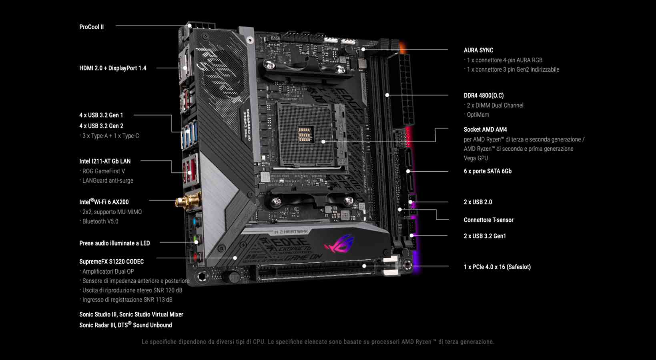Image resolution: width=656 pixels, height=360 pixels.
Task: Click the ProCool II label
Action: tap(91, 27)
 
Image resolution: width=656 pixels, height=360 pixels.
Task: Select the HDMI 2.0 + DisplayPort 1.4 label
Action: tap(112, 68)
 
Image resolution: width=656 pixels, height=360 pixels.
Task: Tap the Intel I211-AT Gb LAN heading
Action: tap(105, 161)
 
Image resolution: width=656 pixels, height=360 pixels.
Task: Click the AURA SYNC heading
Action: tap(478, 50)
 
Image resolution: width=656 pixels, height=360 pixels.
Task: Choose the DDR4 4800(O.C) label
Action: tap(483, 95)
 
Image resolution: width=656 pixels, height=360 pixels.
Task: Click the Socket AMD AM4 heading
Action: tap(485, 129)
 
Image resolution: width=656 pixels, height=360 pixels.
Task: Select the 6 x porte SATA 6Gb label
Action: tap(487, 171)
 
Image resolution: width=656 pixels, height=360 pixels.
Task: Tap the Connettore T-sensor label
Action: tap(488, 220)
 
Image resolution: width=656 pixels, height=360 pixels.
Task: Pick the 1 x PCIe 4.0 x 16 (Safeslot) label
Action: tap(497, 267)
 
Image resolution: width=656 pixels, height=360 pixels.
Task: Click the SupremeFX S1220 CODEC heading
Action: tap(111, 262)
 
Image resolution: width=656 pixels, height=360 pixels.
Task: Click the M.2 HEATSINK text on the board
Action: tap(291, 232)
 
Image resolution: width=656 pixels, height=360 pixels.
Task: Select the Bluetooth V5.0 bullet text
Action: tap(100, 221)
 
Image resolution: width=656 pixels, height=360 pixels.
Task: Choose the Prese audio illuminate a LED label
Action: tap(114, 243)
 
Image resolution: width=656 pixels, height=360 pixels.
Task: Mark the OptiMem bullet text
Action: tap(478, 115)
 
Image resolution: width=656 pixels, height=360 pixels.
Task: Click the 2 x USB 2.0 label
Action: tap(478, 202)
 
